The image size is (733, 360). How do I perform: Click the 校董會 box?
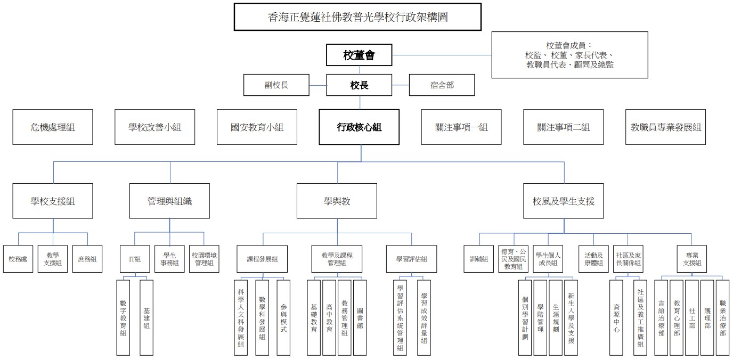point(359,54)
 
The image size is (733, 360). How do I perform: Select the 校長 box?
point(359,85)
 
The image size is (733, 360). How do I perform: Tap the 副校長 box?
point(276,85)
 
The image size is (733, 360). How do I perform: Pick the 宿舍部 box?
point(442,85)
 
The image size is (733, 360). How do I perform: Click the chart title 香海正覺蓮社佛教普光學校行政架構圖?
point(357,17)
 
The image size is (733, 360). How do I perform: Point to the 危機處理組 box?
point(53,127)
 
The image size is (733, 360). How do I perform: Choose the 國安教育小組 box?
point(257,127)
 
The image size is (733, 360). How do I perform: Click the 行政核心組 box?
point(359,127)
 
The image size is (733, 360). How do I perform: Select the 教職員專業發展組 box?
point(665,127)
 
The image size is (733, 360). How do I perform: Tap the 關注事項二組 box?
point(563,127)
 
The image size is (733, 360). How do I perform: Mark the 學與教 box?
point(337,201)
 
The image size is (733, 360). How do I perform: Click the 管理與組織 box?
point(169,201)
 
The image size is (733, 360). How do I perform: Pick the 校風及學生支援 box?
point(564,201)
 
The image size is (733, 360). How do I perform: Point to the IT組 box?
point(135,259)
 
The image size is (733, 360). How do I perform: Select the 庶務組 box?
point(87,259)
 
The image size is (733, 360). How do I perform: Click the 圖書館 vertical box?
point(360,317)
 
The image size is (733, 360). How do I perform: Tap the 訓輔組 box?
point(478,259)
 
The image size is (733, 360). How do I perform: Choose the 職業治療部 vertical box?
point(722,317)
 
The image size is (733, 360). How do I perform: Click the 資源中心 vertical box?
point(616,317)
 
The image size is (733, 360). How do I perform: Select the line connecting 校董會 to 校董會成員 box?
point(442,54)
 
